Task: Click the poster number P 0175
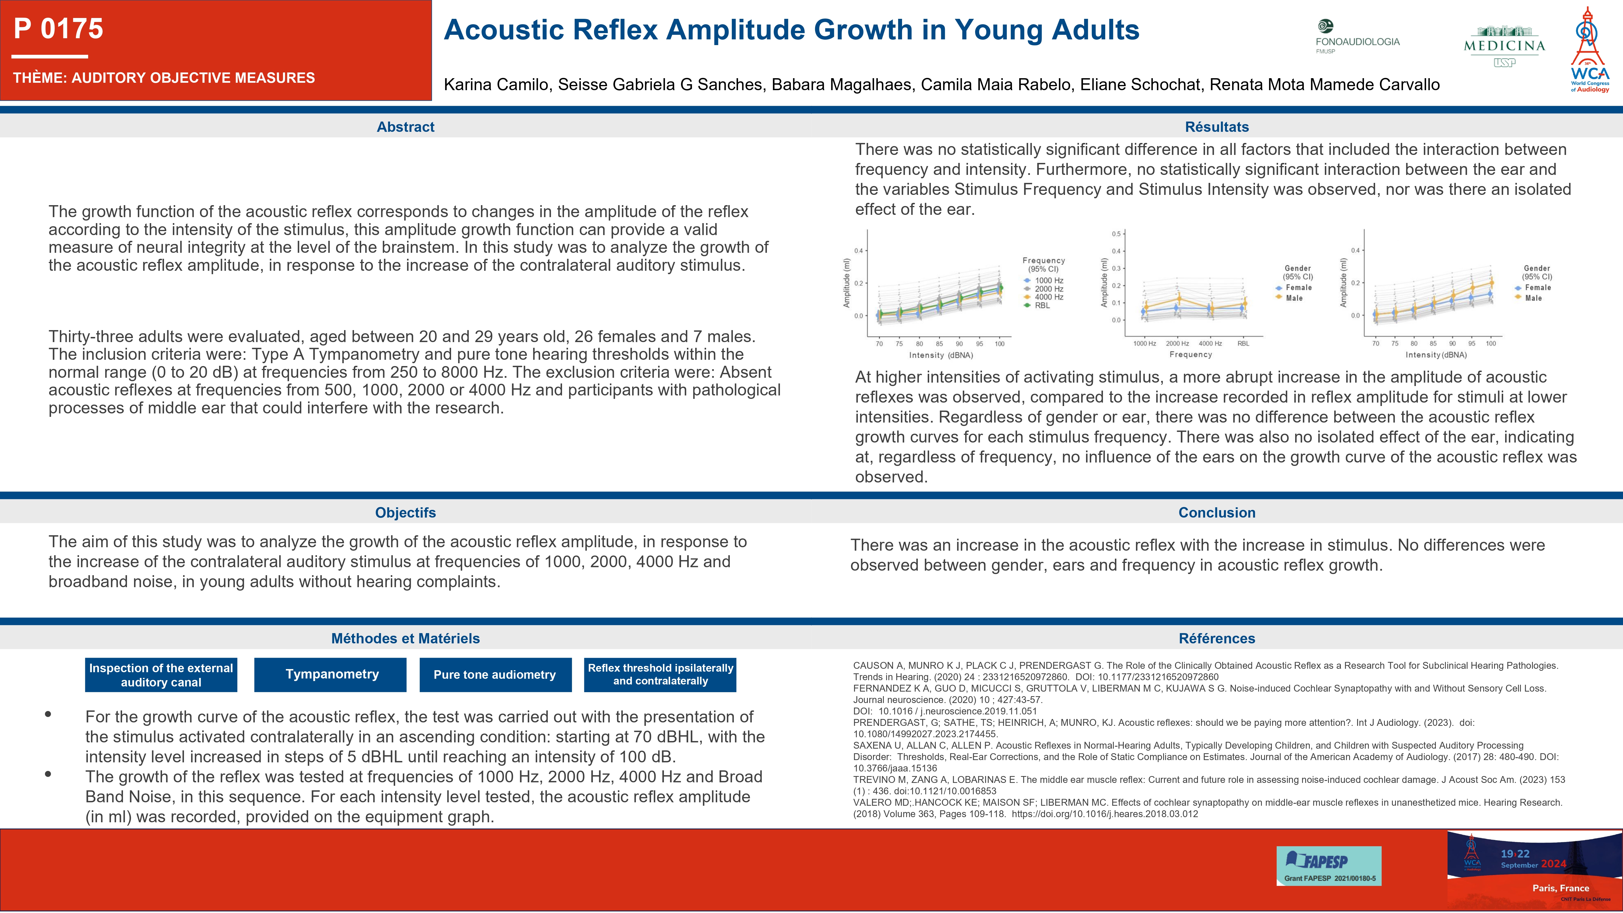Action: [x=58, y=29]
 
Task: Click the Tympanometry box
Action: [x=332, y=675]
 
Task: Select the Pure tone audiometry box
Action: [x=495, y=675]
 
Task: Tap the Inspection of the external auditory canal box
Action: [x=161, y=675]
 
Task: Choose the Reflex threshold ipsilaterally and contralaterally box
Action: [x=660, y=675]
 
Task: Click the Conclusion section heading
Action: [x=1217, y=513]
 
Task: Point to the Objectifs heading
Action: [x=406, y=513]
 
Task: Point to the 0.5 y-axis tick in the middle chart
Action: [x=1116, y=234]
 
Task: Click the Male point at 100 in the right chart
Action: [x=1491, y=283]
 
